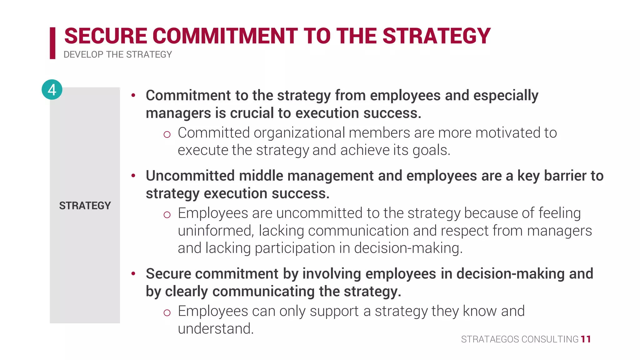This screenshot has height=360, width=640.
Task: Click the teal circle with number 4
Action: click(x=52, y=90)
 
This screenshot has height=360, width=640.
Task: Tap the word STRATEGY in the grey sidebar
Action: click(x=85, y=206)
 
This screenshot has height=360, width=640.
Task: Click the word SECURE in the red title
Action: click(x=106, y=36)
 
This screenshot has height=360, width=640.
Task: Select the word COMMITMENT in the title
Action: click(x=225, y=36)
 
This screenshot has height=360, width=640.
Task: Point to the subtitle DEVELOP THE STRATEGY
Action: click(x=117, y=55)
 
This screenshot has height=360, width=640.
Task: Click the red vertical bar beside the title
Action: click(x=52, y=43)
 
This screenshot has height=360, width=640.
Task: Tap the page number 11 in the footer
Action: click(x=586, y=339)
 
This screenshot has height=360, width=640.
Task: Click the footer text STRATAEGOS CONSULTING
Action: click(x=520, y=339)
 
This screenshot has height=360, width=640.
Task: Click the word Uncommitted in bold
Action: click(x=190, y=176)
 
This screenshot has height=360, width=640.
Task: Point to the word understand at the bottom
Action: click(x=216, y=329)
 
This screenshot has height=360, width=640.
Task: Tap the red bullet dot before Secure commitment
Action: click(x=133, y=274)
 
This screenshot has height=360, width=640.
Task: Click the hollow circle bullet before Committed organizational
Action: click(x=167, y=135)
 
